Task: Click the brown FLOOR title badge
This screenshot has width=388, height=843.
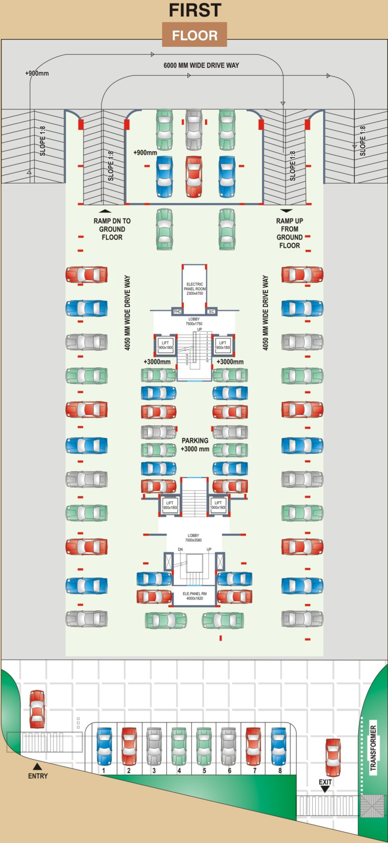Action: pos(194,35)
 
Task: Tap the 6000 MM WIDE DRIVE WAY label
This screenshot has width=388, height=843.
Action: pos(201,66)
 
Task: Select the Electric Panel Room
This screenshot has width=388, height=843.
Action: pos(194,288)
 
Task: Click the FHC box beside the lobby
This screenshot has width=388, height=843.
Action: pos(177,311)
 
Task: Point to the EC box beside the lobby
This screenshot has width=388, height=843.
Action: pos(211,311)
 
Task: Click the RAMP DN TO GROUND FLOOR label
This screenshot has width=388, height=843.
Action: pos(112,229)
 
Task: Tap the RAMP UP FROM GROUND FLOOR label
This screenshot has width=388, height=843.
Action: pos(289,233)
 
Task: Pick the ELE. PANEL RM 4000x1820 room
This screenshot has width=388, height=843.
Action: pos(194,596)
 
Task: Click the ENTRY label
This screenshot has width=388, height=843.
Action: pos(38,776)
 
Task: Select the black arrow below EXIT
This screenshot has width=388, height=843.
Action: pos(325,789)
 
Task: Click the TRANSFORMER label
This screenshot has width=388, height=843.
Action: pos(373,748)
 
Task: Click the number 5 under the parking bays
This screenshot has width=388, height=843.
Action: pos(204,771)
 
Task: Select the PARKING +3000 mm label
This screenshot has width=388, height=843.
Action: pos(195,445)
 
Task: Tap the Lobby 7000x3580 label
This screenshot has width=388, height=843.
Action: pos(193,538)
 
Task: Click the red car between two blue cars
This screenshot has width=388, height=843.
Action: pos(194,177)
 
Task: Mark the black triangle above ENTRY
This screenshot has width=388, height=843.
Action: pos(37,766)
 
